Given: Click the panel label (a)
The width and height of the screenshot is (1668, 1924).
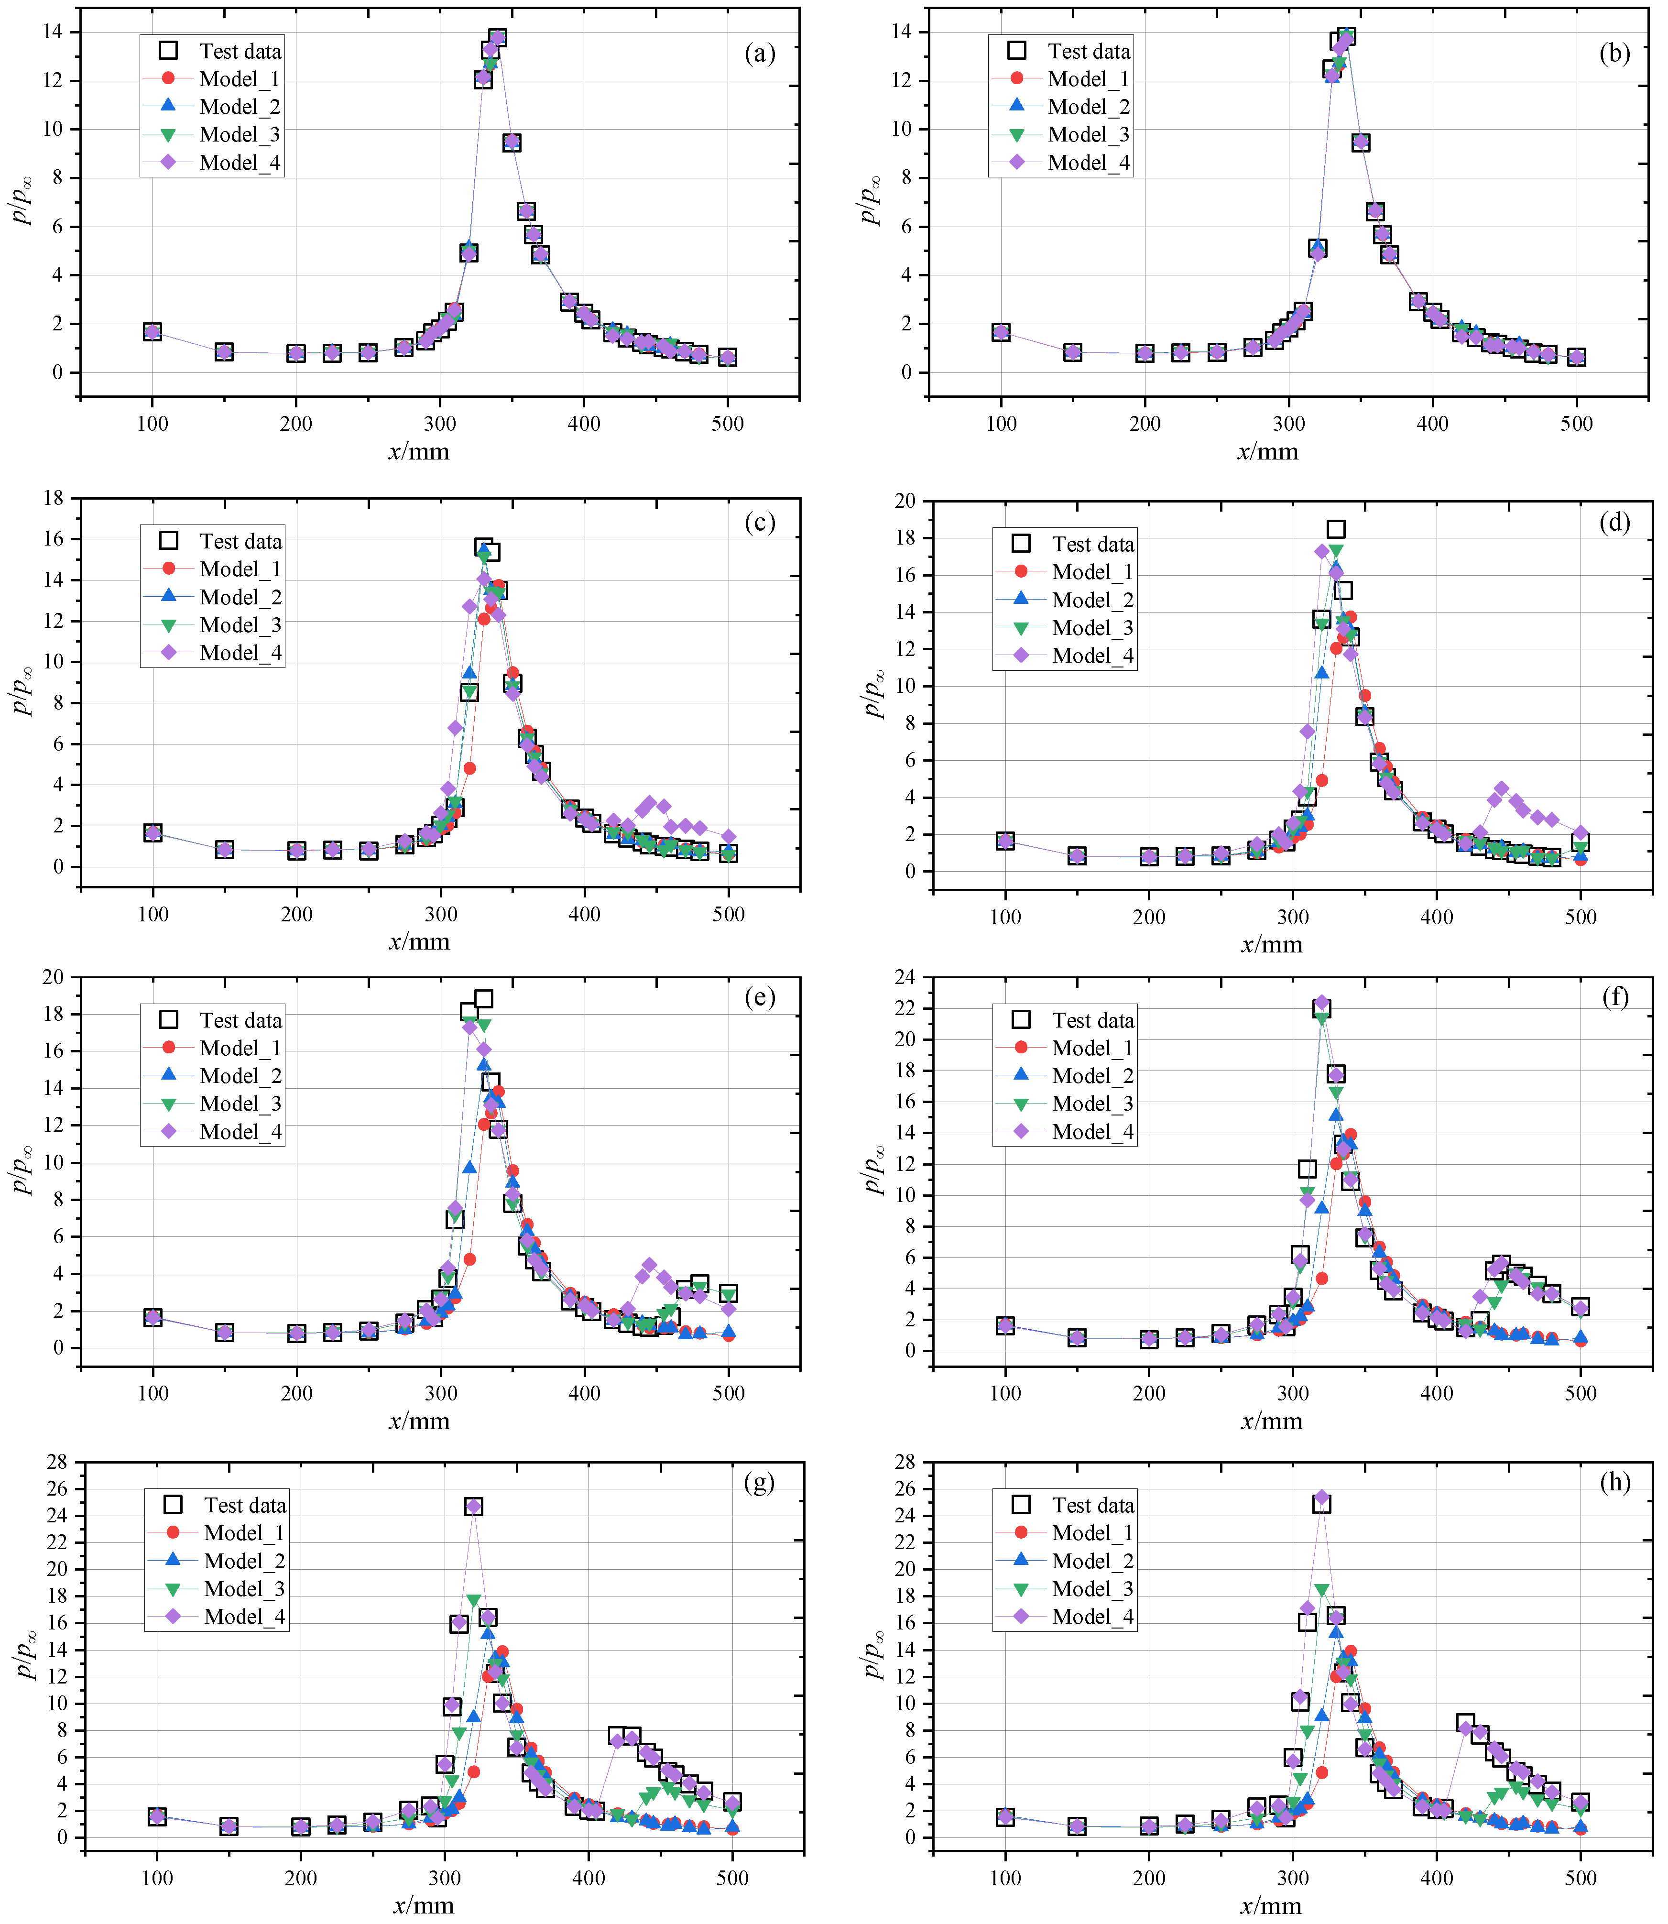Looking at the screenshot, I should point(760,53).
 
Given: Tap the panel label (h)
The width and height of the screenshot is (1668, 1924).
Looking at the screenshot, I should point(1615,1482).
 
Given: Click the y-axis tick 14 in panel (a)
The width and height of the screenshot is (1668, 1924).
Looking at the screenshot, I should point(52,32).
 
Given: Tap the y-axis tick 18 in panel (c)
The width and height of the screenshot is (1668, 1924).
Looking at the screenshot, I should point(52,498).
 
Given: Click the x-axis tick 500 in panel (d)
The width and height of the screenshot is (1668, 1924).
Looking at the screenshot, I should point(1581,917).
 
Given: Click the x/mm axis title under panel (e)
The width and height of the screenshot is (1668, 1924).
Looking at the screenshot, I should point(419,1421).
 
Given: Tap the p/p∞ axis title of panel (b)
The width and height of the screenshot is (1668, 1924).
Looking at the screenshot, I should point(869,200).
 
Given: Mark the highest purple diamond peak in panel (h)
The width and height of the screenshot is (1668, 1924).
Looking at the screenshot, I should point(1321,1498).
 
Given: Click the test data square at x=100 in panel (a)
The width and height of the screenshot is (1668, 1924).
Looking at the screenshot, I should point(153,332).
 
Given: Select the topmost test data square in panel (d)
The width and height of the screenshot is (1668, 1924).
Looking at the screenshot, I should point(1336,530).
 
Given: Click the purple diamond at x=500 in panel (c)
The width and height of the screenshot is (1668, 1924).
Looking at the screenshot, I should point(729,837).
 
